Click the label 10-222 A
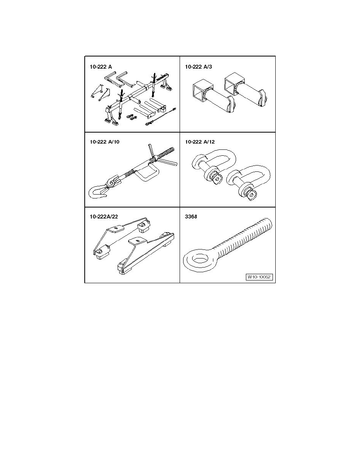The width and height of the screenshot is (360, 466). pos(101,67)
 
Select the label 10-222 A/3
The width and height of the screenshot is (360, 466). pos(198,67)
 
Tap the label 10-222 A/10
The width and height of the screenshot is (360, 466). pos(105,142)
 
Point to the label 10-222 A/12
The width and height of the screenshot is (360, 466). pos(200,142)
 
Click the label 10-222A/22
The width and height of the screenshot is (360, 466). pos(104,217)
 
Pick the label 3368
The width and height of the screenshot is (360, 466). pos(191,217)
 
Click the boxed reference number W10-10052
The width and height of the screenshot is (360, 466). pos(260,277)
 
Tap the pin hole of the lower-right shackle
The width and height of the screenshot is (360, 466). pos(252,195)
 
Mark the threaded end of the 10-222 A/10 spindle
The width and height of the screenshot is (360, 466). pos(165,153)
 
